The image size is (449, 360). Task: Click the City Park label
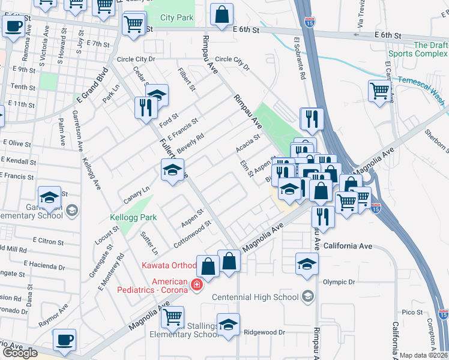pyautogui.click(x=176, y=18)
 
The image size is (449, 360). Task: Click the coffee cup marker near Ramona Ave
pyautogui.click(x=13, y=27)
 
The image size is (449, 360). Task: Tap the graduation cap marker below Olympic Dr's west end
pyautogui.click(x=306, y=264)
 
